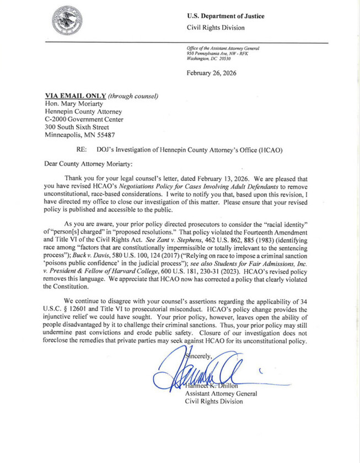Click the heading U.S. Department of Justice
coord(225,16)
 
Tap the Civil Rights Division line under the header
coord(216,28)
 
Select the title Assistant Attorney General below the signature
coord(219,393)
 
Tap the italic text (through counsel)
coord(133,95)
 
